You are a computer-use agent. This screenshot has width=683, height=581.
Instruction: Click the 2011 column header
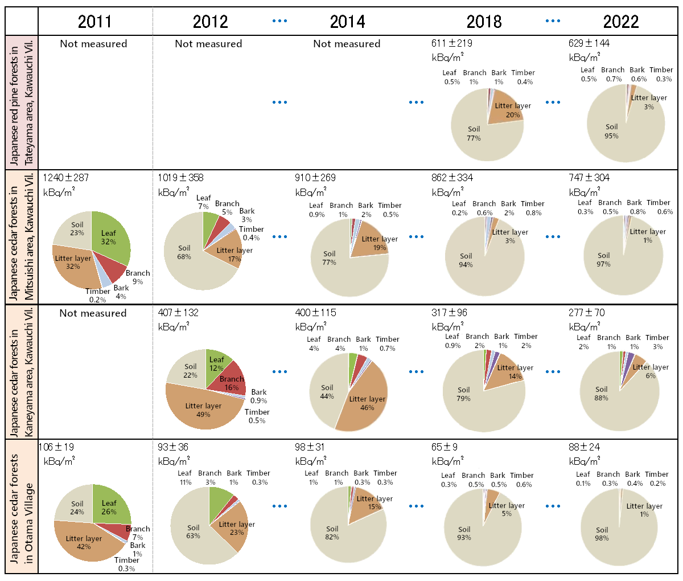[x=94, y=22]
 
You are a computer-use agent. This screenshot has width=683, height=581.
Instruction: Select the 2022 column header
[x=621, y=22]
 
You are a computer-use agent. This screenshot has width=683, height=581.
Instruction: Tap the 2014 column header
[x=347, y=22]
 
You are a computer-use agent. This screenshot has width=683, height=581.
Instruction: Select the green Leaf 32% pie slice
[x=111, y=234]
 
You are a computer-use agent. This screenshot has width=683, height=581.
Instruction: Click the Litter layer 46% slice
[x=364, y=402]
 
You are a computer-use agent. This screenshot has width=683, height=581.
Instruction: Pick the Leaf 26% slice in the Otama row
[x=111, y=504]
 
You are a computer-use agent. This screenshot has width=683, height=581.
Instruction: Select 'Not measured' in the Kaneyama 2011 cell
[x=93, y=313]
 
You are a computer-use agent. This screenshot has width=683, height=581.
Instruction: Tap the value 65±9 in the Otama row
[x=444, y=447]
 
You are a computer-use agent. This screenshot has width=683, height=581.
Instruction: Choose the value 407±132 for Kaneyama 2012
[x=178, y=313]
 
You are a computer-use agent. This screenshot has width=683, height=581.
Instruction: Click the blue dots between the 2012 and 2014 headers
[x=279, y=21]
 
